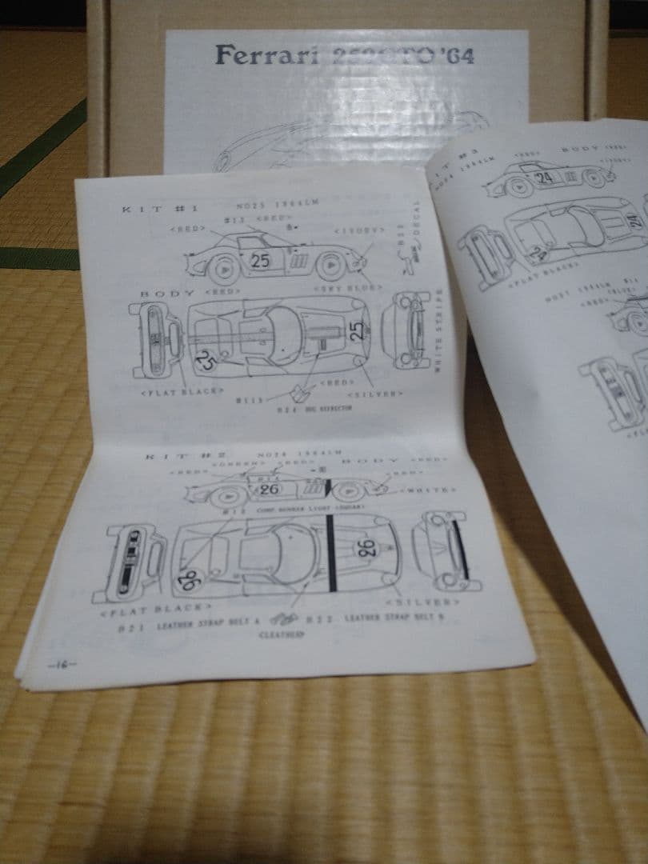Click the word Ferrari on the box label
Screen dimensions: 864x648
click(256, 56)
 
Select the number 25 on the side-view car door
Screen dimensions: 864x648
click(261, 260)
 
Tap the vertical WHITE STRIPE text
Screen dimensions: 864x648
click(438, 330)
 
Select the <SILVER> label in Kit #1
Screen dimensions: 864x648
click(376, 393)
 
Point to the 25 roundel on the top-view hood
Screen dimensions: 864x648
click(357, 328)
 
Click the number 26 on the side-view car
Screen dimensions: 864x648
click(270, 488)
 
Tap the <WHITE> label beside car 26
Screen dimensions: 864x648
click(431, 489)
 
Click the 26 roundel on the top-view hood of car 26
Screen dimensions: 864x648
click(366, 549)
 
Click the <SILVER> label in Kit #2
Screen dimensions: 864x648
click(422, 600)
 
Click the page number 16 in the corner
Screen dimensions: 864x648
click(61, 664)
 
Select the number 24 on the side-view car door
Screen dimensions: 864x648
click(546, 178)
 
